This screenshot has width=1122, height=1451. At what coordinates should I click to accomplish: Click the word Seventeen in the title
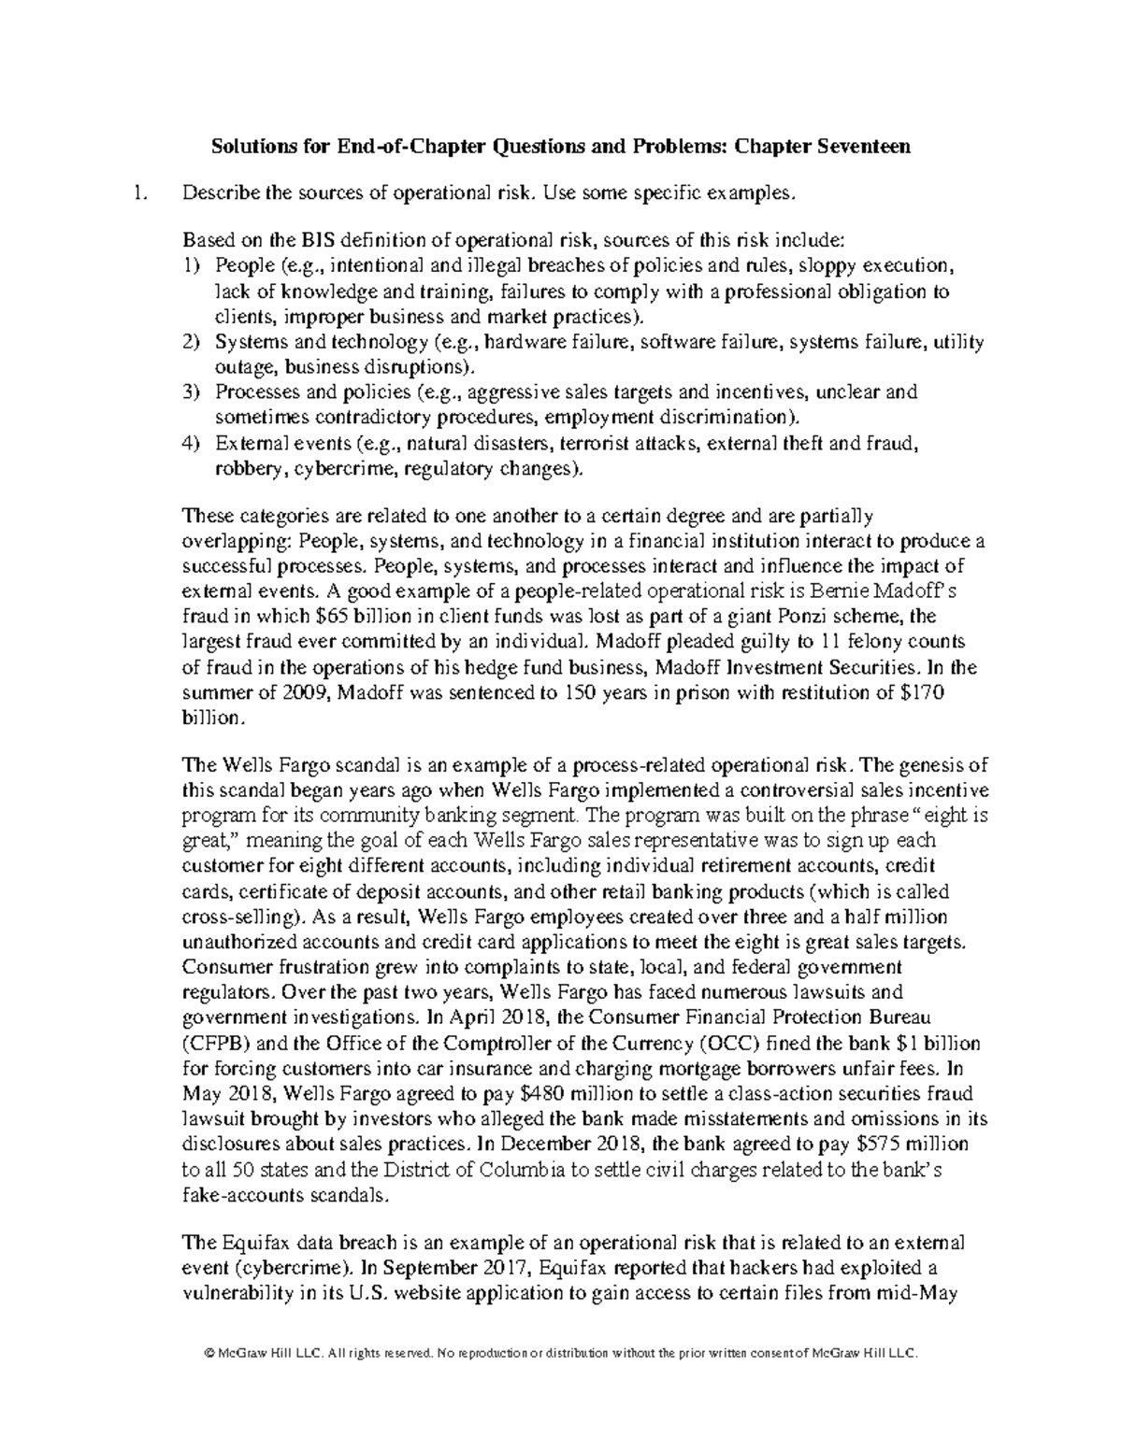(869, 147)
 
